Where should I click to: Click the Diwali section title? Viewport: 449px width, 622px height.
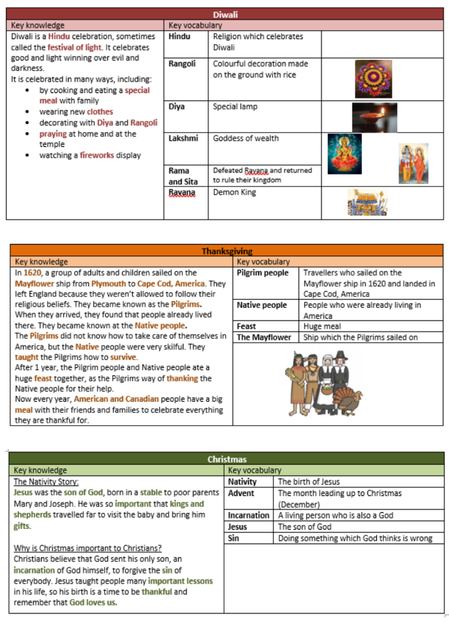[x=225, y=14]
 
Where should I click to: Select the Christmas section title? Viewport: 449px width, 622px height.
[x=227, y=460]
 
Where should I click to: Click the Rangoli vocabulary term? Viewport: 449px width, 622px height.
[x=182, y=64]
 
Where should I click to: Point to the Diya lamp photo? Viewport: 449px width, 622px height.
[x=374, y=117]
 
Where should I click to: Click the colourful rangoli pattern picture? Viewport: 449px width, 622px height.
[x=373, y=79]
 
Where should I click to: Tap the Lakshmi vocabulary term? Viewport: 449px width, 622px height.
[x=183, y=139]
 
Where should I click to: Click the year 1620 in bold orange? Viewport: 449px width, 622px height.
[x=32, y=273]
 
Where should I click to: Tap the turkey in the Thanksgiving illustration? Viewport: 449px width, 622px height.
[x=349, y=402]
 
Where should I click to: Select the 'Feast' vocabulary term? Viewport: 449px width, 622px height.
[x=246, y=326]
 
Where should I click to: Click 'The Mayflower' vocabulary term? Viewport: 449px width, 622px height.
[x=264, y=338]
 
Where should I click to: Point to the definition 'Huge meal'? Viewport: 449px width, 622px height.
[x=322, y=326]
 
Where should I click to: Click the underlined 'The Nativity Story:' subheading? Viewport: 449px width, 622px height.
[x=46, y=482]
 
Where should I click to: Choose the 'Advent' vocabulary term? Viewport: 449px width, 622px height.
[x=241, y=493]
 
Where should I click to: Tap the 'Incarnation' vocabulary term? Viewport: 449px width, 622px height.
[x=249, y=516]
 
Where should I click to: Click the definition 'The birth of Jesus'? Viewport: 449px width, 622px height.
[x=309, y=482]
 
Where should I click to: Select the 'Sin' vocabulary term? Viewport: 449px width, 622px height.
[x=233, y=538]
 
